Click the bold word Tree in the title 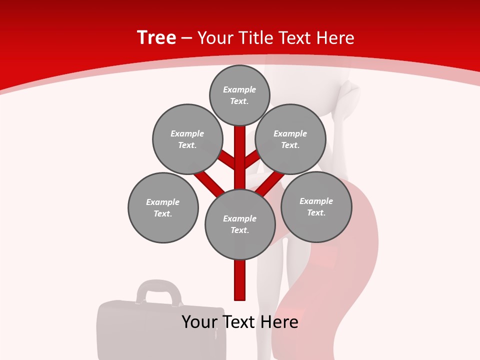point(156,37)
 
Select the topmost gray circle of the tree point(239,95)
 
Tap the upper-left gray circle point(187,139)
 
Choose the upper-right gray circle point(290,139)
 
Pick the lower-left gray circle point(163,207)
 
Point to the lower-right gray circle point(316,206)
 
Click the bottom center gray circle point(240,224)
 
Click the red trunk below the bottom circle point(240,280)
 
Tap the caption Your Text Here point(240,322)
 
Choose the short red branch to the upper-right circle point(252,159)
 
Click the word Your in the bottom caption point(199,322)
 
